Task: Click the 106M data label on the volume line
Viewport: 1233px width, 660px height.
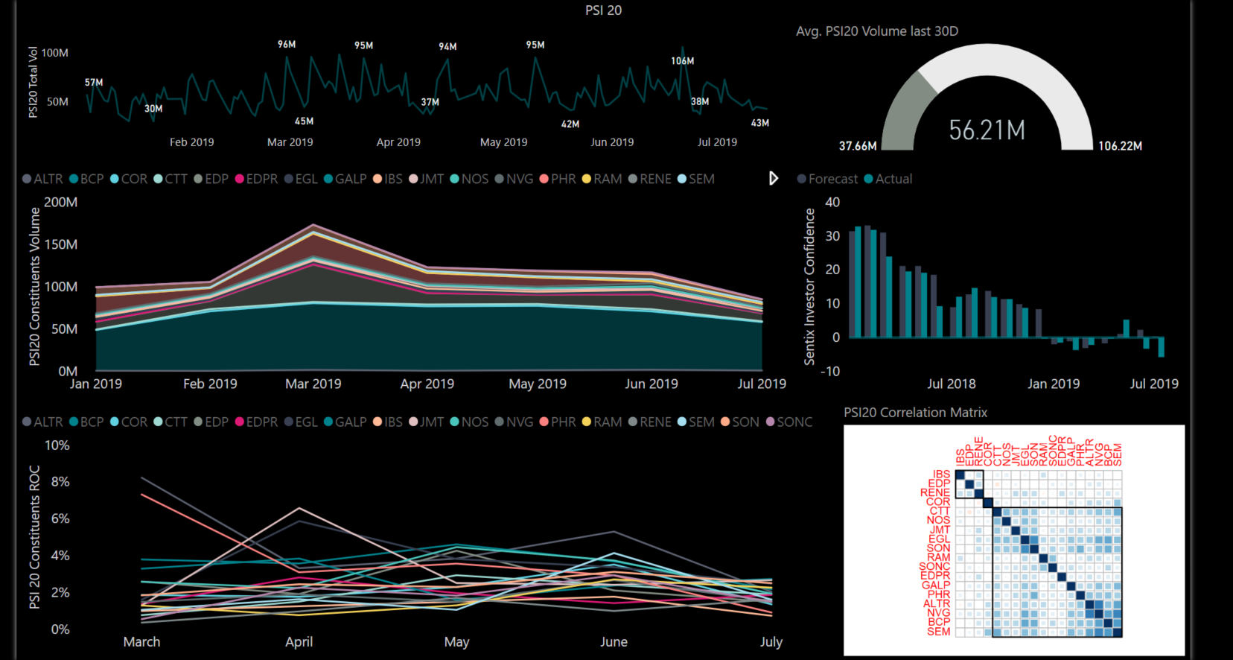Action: [682, 61]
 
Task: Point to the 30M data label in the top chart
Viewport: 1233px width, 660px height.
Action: [153, 109]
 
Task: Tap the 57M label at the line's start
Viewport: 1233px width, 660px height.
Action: [94, 83]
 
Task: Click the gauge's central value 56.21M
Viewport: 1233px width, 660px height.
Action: [987, 130]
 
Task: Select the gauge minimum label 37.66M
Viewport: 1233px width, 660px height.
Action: [858, 146]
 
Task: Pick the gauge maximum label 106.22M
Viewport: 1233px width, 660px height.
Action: [1120, 146]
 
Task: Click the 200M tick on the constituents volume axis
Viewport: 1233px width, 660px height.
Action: [61, 202]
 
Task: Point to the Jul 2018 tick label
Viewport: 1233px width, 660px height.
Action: [951, 384]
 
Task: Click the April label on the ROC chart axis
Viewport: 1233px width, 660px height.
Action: [299, 641]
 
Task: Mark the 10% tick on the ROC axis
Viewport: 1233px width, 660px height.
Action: [57, 445]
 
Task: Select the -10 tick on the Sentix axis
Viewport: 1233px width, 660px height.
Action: [830, 371]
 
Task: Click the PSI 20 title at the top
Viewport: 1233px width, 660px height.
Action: [603, 10]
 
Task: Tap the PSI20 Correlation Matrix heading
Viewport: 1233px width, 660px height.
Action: [915, 412]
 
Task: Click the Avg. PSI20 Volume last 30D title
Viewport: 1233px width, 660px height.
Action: [876, 31]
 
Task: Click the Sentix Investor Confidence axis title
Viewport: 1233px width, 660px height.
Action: [809, 287]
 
